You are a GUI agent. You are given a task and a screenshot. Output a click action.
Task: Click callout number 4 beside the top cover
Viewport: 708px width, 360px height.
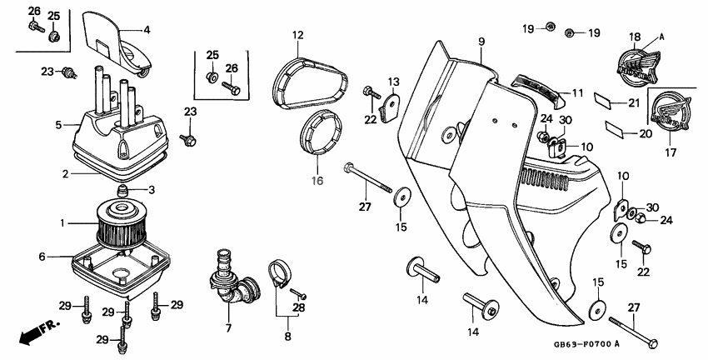point(147,30)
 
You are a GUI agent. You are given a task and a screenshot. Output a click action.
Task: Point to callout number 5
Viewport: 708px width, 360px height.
point(58,126)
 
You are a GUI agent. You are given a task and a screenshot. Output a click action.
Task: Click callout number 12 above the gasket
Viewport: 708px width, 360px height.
point(297,34)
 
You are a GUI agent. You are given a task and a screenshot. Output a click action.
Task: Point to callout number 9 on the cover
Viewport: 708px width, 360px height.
point(481,40)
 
